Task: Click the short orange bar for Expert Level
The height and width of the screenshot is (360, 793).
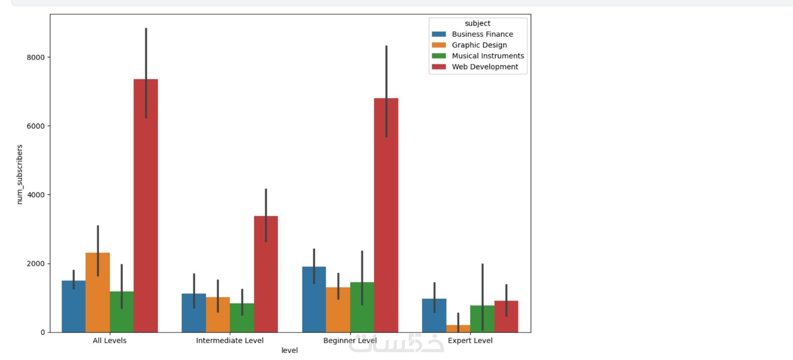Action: click(458, 328)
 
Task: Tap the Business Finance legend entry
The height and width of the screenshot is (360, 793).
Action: click(482, 34)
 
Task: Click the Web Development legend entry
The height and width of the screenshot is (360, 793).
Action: click(484, 67)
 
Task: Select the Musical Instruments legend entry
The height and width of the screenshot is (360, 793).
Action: click(487, 56)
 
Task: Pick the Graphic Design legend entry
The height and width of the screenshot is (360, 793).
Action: click(479, 45)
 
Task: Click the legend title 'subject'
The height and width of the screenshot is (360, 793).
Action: click(477, 23)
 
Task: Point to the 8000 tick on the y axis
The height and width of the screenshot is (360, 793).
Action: click(36, 58)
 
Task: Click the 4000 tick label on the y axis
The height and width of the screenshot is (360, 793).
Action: click(36, 195)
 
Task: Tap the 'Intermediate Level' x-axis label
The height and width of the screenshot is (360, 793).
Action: click(229, 341)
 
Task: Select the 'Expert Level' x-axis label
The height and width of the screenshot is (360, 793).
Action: click(470, 341)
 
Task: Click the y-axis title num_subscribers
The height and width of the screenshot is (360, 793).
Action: click(20, 174)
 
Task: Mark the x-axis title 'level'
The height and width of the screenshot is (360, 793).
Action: click(289, 350)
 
